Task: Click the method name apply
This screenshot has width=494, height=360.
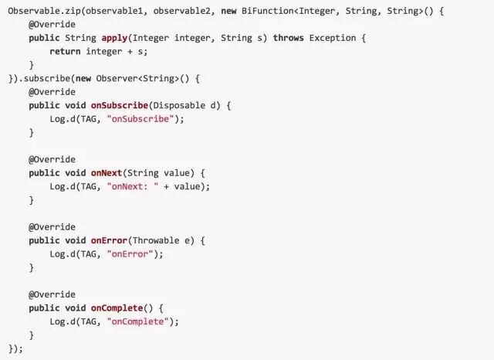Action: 115,38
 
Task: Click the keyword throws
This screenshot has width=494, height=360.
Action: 289,38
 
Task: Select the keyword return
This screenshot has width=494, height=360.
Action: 66,51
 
